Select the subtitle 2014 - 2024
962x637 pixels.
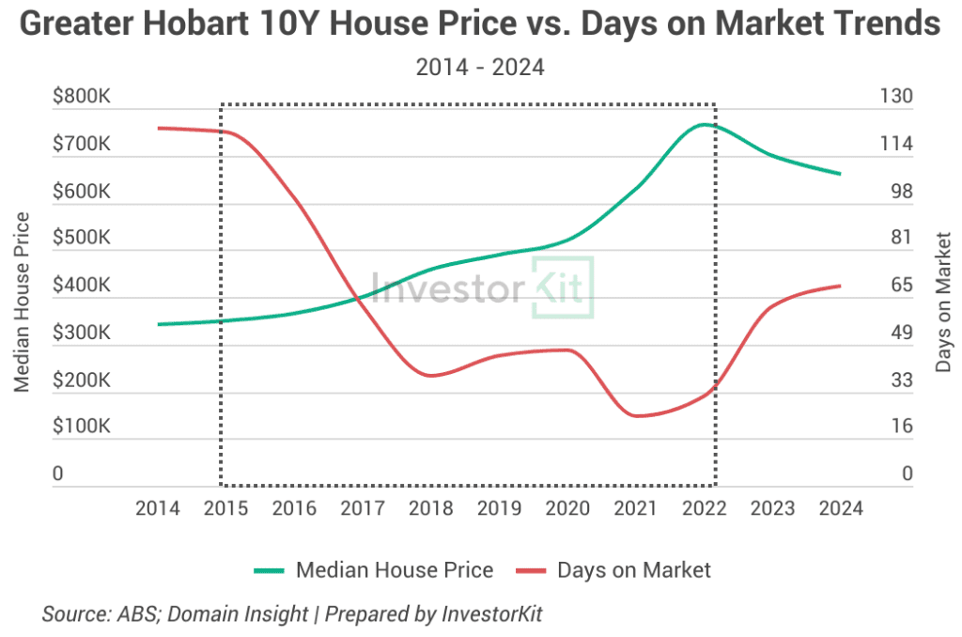pyautogui.click(x=481, y=68)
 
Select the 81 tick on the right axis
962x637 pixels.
pyautogui.click(x=901, y=238)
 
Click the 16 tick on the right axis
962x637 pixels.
pyautogui.click(x=901, y=427)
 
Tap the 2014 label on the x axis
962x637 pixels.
pyautogui.click(x=158, y=508)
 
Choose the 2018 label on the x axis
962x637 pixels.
pyautogui.click(x=431, y=508)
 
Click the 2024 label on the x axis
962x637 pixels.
pyautogui.click(x=841, y=508)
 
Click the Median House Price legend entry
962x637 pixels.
pyautogui.click(x=394, y=569)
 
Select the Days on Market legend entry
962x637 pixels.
pyautogui.click(x=634, y=569)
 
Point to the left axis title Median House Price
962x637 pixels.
pyautogui.click(x=22, y=302)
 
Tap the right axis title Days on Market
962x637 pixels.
pyautogui.click(x=943, y=302)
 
